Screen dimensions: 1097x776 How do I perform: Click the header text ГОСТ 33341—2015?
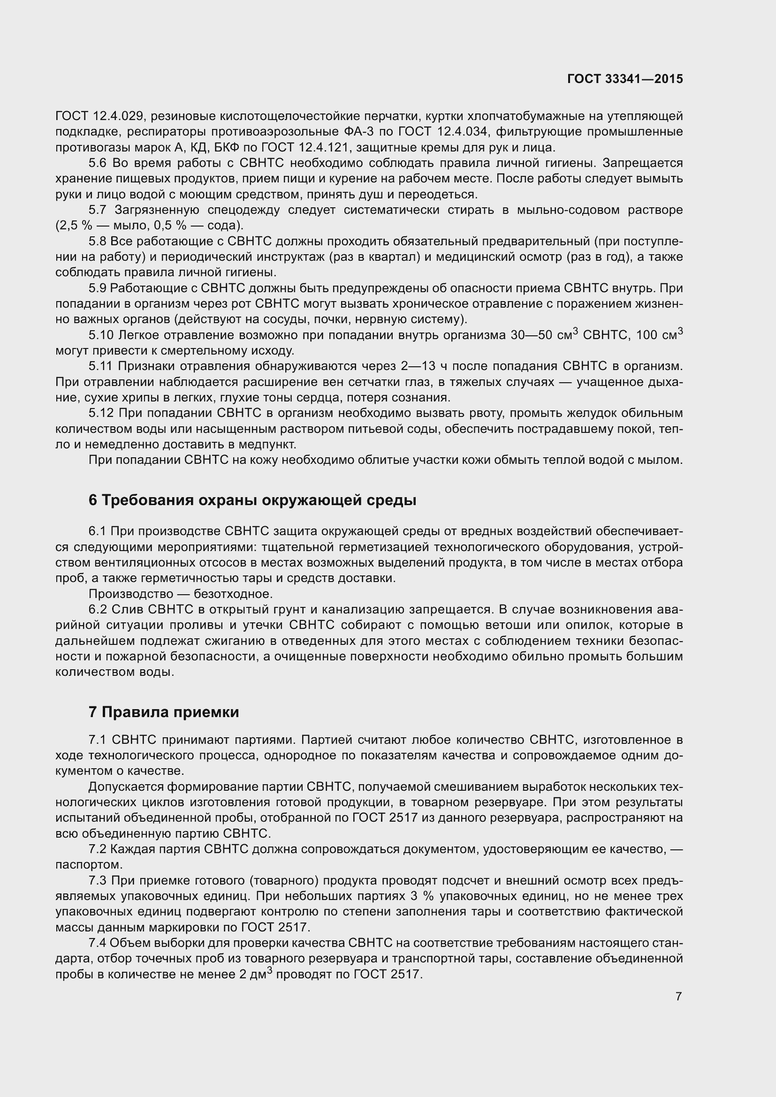click(625, 79)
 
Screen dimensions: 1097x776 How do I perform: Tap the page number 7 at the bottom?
click(678, 996)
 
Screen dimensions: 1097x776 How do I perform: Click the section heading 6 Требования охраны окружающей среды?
click(252, 500)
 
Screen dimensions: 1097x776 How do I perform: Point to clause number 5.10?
click(101, 335)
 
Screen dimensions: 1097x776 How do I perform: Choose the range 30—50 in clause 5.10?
click(531, 335)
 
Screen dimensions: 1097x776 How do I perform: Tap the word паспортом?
click(89, 865)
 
